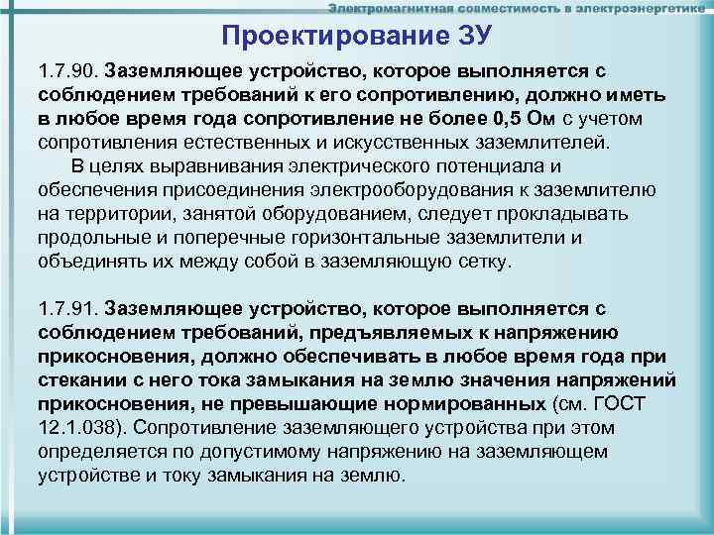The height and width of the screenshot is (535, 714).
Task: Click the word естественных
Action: click(x=231, y=144)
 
